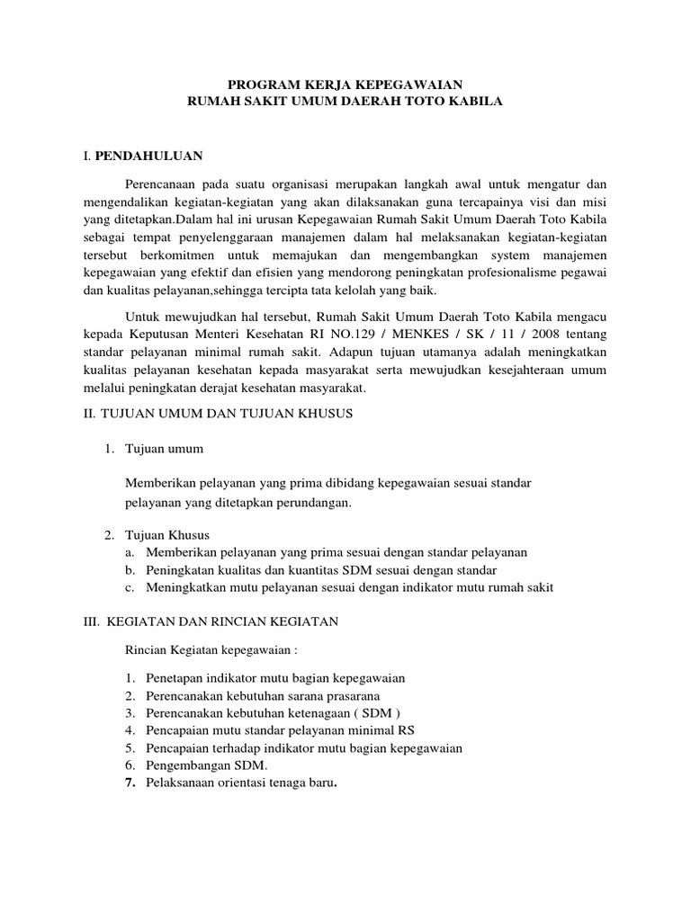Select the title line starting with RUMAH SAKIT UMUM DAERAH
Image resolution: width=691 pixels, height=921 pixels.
[x=345, y=103]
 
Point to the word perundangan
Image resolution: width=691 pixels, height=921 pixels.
[x=312, y=504]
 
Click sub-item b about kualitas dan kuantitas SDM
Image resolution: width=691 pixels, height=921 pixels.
[x=322, y=570]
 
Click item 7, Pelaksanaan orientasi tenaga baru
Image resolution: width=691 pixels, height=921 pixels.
[x=242, y=782]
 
